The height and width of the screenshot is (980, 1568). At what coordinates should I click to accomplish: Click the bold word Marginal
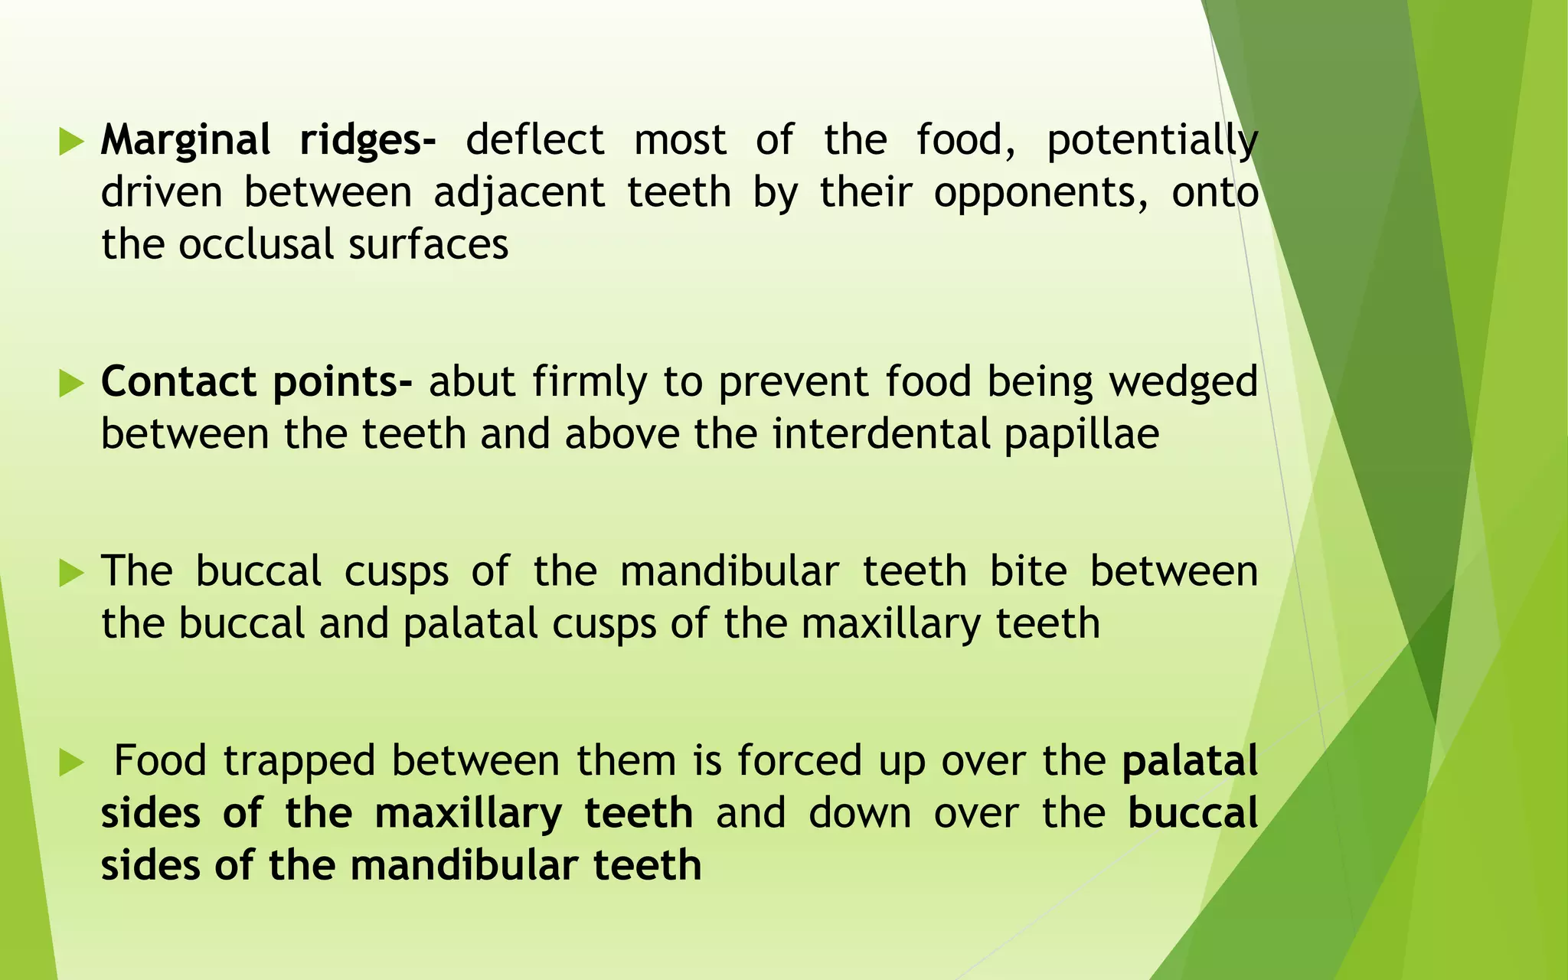click(185, 141)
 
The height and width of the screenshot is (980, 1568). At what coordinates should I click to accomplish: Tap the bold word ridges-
click(367, 141)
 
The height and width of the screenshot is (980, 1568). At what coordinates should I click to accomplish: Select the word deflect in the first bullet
click(535, 141)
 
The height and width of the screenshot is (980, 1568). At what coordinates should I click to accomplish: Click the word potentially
click(1152, 141)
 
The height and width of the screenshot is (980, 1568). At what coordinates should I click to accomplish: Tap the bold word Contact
click(178, 381)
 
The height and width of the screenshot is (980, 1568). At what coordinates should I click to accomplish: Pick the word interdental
click(881, 434)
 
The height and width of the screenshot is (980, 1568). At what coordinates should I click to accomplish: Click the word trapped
click(299, 761)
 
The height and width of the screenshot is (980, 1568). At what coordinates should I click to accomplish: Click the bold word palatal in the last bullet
click(1190, 761)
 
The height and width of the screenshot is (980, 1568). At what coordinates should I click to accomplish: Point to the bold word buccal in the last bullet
click(1193, 813)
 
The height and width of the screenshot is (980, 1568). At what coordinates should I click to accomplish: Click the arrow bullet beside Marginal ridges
click(70, 142)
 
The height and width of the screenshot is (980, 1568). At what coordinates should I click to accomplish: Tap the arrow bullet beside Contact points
click(70, 383)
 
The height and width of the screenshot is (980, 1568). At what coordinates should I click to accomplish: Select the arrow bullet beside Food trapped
click(70, 762)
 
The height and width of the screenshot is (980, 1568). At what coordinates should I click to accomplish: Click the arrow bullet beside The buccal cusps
click(70, 573)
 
